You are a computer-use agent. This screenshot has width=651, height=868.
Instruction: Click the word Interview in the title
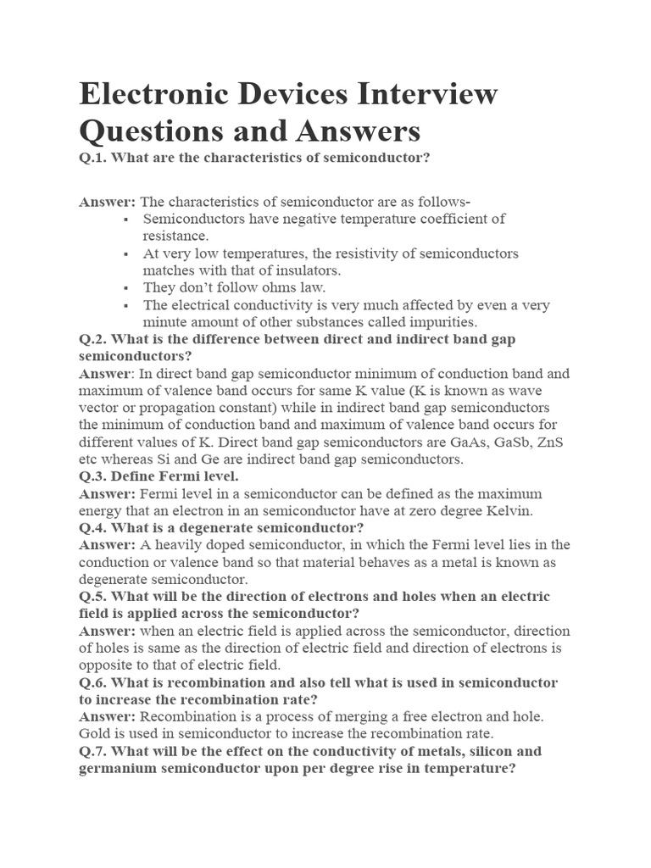[x=413, y=93]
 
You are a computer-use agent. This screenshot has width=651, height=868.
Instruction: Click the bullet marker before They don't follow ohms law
[x=125, y=288]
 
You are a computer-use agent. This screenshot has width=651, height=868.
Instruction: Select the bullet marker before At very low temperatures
[x=125, y=253]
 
